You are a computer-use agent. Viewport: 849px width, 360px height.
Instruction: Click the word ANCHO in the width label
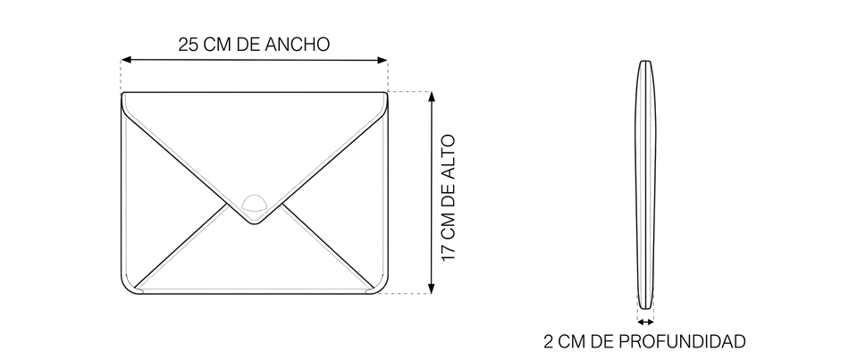(x=298, y=45)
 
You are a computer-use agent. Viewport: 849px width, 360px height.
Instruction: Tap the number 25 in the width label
(x=188, y=45)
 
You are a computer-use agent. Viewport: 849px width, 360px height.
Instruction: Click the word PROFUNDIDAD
(x=682, y=341)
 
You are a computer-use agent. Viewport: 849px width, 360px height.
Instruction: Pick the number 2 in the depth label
(x=549, y=341)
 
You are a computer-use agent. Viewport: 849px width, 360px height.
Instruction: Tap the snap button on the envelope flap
(x=254, y=203)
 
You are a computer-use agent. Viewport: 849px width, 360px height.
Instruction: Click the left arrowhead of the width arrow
(x=126, y=60)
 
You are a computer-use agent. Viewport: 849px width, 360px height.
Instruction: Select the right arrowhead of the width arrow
(x=382, y=60)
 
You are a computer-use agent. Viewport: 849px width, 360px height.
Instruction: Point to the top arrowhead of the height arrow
(x=432, y=97)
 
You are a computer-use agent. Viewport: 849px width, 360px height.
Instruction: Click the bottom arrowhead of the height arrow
(x=432, y=289)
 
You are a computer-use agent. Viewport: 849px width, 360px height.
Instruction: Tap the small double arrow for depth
(x=645, y=322)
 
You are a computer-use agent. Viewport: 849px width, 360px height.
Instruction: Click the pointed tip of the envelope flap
(x=254, y=223)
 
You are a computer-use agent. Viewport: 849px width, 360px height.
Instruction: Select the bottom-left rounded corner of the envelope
(x=127, y=288)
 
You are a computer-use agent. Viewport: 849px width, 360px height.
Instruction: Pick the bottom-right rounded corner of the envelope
(x=382, y=288)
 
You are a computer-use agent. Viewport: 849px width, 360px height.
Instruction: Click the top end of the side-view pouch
(x=645, y=62)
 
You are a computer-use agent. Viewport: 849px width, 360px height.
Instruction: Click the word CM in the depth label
(x=572, y=341)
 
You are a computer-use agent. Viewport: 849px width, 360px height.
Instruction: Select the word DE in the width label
(x=249, y=45)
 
